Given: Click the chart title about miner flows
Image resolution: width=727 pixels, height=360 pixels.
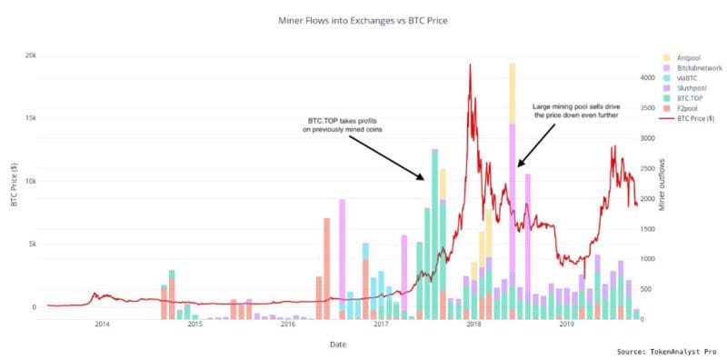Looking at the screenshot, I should (x=363, y=19).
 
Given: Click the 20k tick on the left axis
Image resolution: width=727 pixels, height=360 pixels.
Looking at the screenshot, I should (x=30, y=55).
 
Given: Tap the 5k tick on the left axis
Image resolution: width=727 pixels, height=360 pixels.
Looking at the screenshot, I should (x=31, y=244).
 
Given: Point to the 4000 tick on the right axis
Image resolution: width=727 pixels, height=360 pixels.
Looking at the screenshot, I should (x=646, y=78).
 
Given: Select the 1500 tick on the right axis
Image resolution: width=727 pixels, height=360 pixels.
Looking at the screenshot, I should (x=646, y=229).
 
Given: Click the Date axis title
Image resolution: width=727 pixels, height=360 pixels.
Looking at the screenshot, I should (x=337, y=345).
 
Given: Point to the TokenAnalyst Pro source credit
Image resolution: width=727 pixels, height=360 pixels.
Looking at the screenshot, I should (x=667, y=351).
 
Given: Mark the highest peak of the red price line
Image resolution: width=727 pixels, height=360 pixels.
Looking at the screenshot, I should (x=470, y=64).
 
